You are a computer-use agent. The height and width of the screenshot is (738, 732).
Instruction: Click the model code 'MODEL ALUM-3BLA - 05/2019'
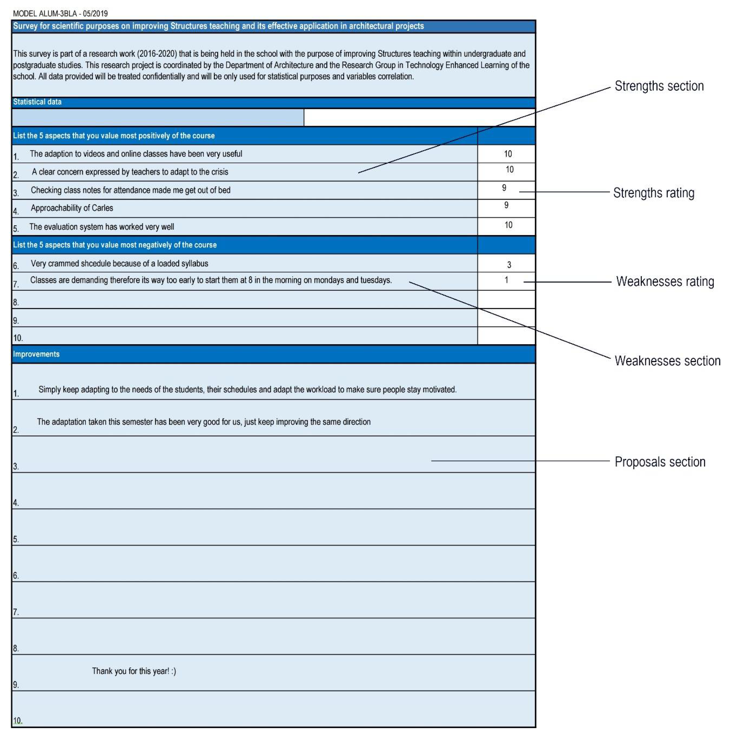click(x=60, y=14)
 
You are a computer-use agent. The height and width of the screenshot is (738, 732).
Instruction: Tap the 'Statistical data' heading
click(x=37, y=102)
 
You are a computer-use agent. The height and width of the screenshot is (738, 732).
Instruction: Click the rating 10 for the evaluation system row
click(x=508, y=225)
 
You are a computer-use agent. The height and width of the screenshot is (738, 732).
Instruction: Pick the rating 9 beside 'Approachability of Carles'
click(x=506, y=206)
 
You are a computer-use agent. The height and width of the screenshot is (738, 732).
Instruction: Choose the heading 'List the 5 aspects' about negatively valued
click(x=115, y=245)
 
